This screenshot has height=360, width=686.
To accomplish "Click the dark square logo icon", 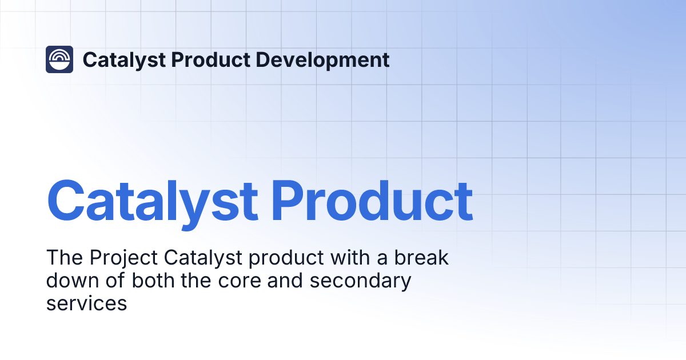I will [x=59, y=59].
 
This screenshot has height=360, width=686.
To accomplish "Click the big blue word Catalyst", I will [x=152, y=201].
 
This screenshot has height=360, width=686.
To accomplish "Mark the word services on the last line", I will [x=86, y=303].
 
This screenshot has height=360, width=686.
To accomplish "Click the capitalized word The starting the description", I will [x=64, y=258].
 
